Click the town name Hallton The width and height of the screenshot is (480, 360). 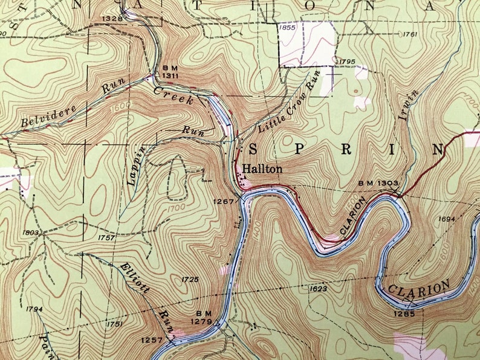click(262, 170)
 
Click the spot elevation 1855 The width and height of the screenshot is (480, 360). click(287, 27)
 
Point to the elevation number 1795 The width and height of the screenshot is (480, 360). click(346, 62)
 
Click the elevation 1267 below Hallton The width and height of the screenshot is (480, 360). click(224, 202)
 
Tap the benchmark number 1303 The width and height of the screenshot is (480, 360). click(388, 182)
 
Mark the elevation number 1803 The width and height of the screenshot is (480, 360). click(31, 233)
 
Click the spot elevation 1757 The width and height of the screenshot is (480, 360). click(106, 238)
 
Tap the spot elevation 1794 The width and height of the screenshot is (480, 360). click(34, 309)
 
